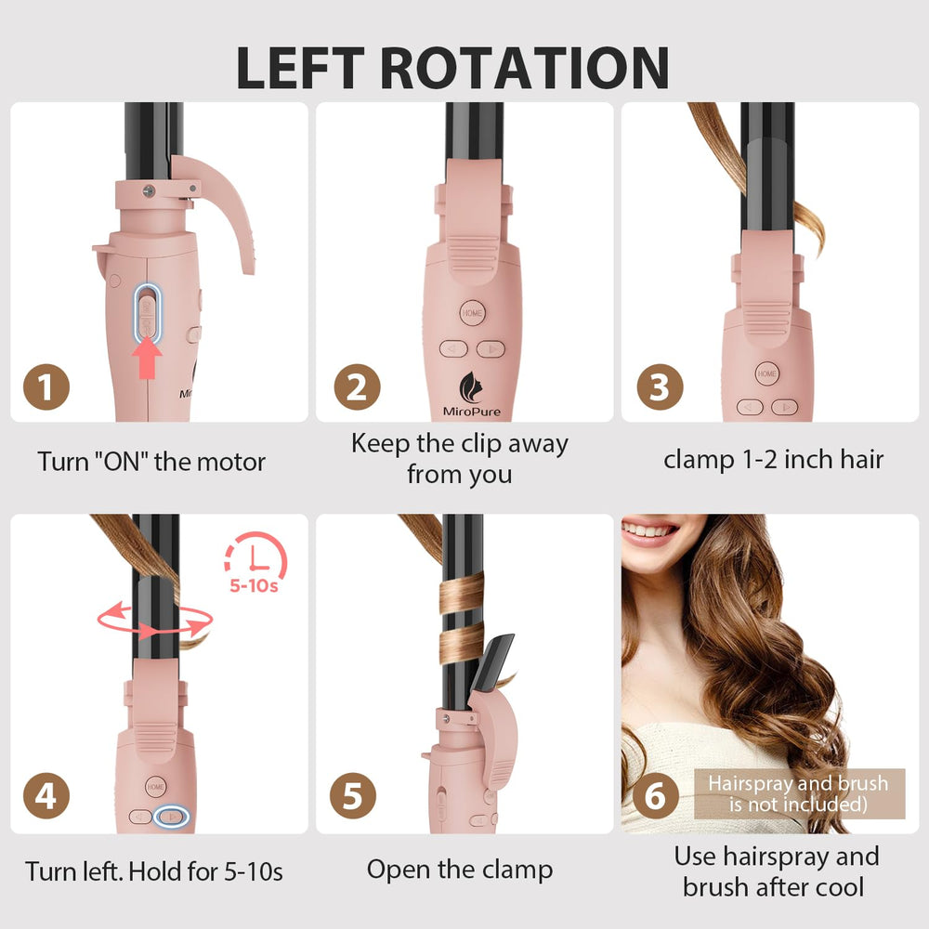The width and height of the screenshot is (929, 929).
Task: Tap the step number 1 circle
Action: click(x=46, y=386)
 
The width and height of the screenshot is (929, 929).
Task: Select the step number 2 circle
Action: click(x=357, y=386)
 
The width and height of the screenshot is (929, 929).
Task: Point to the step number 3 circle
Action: click(x=660, y=386)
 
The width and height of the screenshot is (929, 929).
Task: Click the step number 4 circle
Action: click(x=46, y=796)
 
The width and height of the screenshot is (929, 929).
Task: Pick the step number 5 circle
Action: click(x=352, y=796)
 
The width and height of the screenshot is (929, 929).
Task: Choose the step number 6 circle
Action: click(x=655, y=796)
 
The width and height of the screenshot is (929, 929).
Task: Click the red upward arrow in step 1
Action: click(x=147, y=360)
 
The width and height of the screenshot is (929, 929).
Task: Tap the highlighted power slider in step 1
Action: click(x=147, y=313)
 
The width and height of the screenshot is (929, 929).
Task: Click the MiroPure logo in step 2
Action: click(x=472, y=394)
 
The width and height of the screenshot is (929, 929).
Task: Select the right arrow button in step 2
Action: click(x=491, y=349)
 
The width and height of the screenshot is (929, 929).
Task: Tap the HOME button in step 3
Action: click(x=766, y=373)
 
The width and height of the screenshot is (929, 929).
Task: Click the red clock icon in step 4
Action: click(x=256, y=556)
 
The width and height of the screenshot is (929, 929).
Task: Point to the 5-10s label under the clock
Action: click(x=254, y=586)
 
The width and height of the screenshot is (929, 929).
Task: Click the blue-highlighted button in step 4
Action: click(x=171, y=817)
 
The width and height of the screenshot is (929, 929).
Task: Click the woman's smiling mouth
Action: click(x=649, y=530)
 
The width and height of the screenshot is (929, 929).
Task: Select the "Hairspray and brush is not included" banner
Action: click(x=799, y=794)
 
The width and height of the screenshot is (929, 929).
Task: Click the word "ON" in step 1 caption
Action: click(x=121, y=462)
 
